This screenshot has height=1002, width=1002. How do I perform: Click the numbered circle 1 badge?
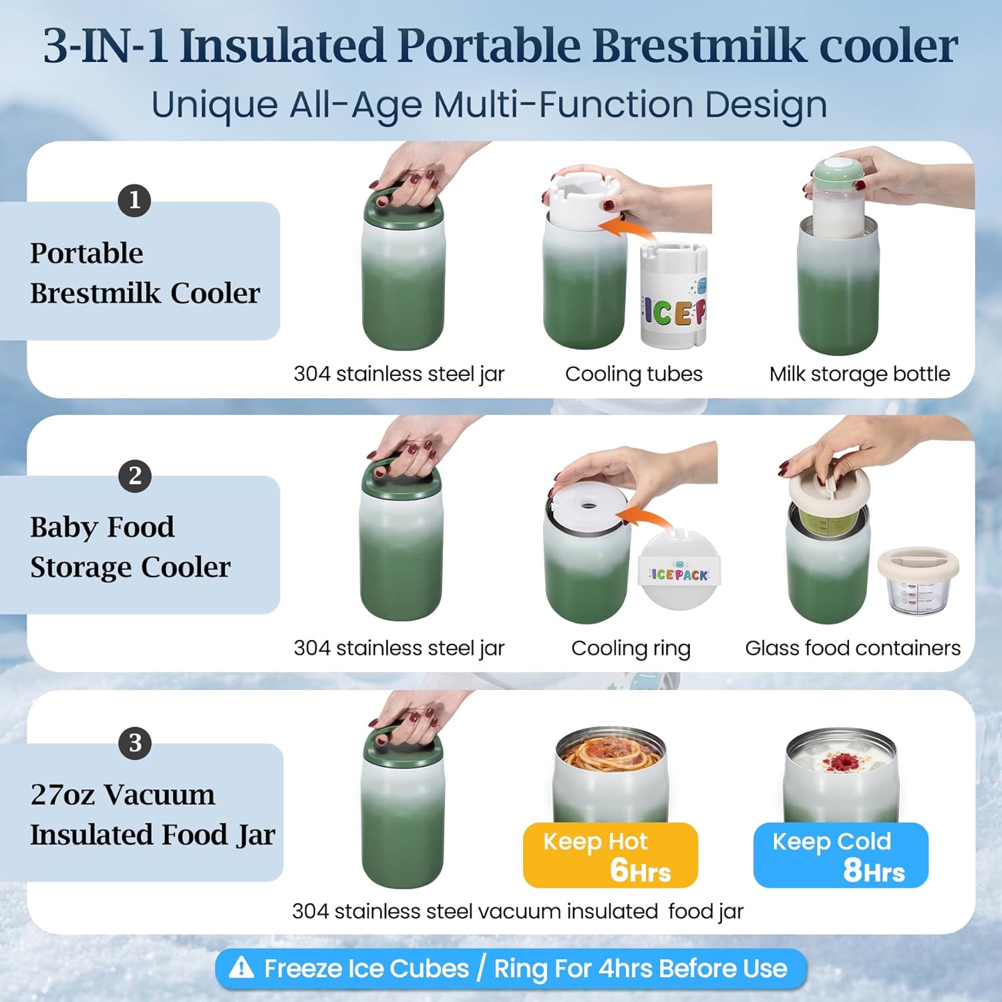click(x=134, y=200)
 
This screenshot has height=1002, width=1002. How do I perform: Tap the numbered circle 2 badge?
click(x=134, y=476)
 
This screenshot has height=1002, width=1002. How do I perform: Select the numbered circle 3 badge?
click(x=134, y=743)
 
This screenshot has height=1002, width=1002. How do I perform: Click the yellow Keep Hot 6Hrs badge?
click(x=610, y=855)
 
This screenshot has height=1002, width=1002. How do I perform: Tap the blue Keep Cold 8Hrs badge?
click(x=840, y=855)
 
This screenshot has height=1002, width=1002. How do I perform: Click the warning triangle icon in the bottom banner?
click(x=241, y=968)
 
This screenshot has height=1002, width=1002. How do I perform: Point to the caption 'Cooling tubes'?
click(x=633, y=374)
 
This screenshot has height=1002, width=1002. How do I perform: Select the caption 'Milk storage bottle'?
click(x=859, y=374)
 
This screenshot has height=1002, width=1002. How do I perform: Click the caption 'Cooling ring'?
click(x=631, y=648)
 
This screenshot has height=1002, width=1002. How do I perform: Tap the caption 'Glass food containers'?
click(x=852, y=648)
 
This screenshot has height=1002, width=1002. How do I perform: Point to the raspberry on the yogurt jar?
click(x=842, y=762)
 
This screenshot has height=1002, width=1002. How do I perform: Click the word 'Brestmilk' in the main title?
click(x=699, y=47)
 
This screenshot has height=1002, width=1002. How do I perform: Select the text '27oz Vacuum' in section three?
click(x=123, y=795)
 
